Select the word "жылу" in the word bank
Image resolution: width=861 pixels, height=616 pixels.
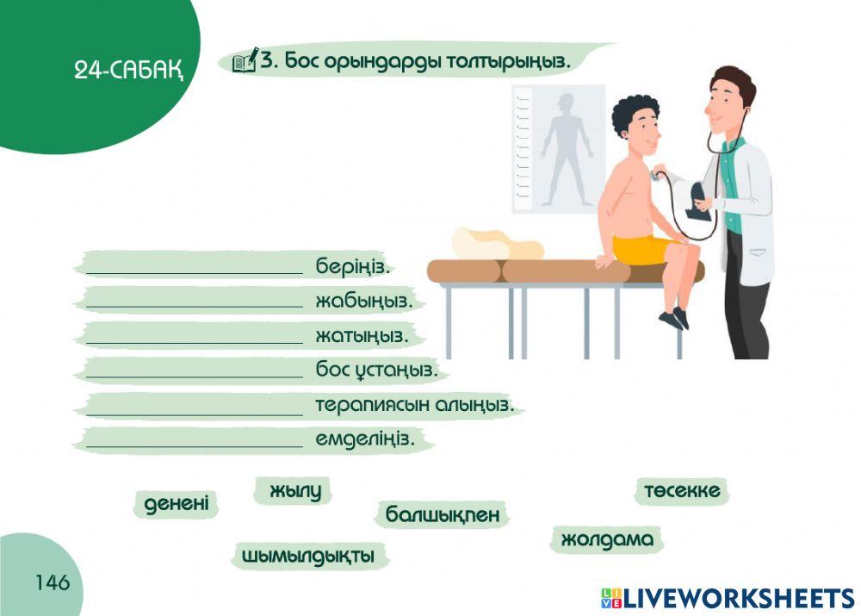(x=294, y=491)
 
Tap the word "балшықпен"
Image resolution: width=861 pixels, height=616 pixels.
(x=442, y=515)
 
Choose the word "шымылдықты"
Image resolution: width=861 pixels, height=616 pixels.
(x=308, y=556)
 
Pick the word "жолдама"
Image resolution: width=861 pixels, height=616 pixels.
(x=607, y=540)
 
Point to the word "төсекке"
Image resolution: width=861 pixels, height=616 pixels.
(x=682, y=491)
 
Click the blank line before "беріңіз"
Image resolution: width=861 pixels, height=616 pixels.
(x=195, y=266)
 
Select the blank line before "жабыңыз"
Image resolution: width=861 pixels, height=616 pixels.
(x=195, y=302)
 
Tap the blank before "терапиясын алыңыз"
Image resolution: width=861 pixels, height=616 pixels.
(x=195, y=406)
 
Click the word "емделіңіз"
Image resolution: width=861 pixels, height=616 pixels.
(x=365, y=439)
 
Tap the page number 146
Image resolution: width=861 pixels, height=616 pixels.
(x=53, y=583)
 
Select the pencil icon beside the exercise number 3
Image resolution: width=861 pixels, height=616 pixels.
(x=245, y=60)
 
